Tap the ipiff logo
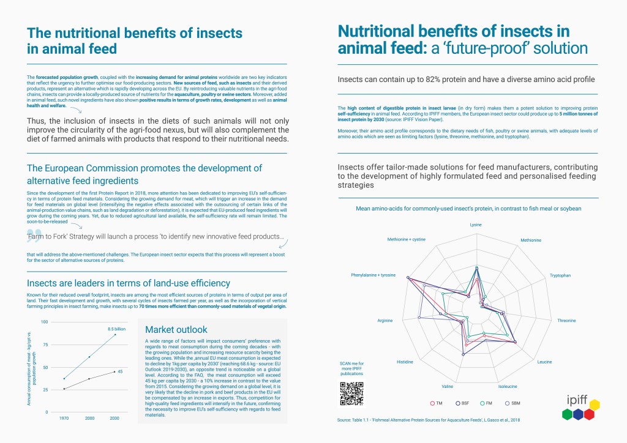(x=579, y=409)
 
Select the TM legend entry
(x=436, y=403)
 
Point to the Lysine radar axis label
(x=476, y=225)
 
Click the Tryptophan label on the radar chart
(x=560, y=275)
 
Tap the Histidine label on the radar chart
(x=405, y=362)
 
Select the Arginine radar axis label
(x=385, y=320)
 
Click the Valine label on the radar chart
(x=448, y=387)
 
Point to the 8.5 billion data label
(x=116, y=329)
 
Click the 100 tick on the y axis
(x=44, y=322)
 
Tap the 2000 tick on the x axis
(x=89, y=419)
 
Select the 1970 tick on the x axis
(x=64, y=419)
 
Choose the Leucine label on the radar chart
(x=544, y=362)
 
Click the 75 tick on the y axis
(x=45, y=344)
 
